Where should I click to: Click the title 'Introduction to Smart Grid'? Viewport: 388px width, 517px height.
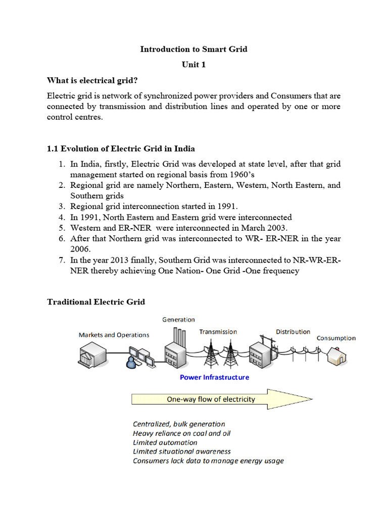[194, 49]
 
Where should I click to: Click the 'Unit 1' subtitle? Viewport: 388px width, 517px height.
[194, 65]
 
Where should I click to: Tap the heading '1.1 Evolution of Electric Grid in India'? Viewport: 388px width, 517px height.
[121, 148]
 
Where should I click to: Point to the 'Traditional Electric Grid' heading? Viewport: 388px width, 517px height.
[96, 302]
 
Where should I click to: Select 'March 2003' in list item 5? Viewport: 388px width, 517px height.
[266, 228]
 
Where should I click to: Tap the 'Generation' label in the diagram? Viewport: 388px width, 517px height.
[178, 320]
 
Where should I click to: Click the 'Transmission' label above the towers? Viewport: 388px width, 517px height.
[218, 332]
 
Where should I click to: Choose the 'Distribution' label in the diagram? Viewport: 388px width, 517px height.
[293, 332]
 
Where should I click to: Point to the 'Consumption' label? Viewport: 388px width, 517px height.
[336, 338]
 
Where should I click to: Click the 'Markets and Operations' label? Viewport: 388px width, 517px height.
[114, 335]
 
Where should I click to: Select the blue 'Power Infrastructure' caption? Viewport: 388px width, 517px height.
[215, 377]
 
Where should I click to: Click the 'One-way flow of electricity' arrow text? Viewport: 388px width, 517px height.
[211, 399]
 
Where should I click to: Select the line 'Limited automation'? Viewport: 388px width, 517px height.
[165, 442]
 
